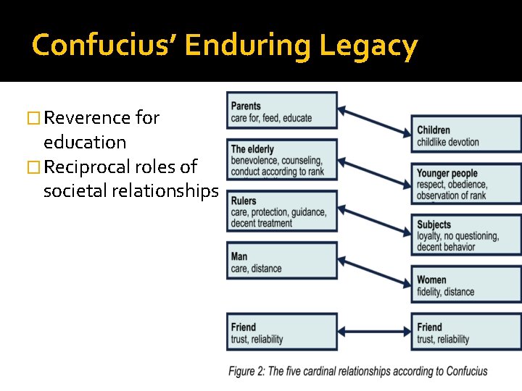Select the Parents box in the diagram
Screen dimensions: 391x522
282,111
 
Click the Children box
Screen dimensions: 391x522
465,135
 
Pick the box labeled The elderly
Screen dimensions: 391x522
282,159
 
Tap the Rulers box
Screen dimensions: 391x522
282,211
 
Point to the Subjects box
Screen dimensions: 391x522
465,235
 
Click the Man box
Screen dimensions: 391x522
282,261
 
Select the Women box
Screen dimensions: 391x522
465,285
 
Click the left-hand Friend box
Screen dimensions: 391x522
282,332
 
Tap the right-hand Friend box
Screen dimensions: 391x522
465,332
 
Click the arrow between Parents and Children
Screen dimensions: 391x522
374,122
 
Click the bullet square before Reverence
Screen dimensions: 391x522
30,118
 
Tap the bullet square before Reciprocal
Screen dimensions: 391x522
30,167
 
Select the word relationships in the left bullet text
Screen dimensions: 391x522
167,191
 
